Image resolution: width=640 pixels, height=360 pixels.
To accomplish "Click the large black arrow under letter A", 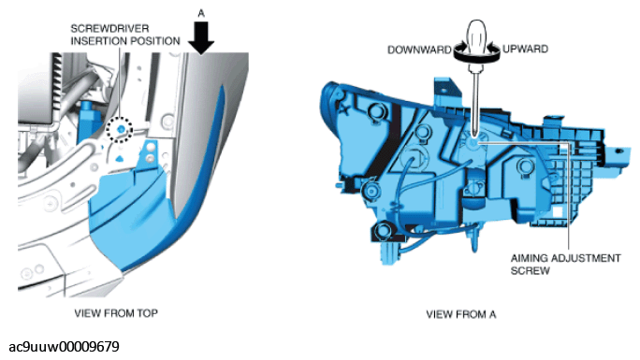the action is pyautogui.click(x=201, y=38).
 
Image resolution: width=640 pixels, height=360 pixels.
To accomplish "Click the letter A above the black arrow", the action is pyautogui.click(x=201, y=13).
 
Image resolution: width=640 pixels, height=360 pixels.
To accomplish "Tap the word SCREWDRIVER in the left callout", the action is pyautogui.click(x=109, y=29).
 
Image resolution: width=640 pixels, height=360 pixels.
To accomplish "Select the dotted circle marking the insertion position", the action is pyautogui.click(x=119, y=129).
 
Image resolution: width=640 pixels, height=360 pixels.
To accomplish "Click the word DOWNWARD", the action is pyautogui.click(x=419, y=50).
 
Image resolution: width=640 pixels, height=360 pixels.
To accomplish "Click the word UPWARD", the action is pyautogui.click(x=525, y=49).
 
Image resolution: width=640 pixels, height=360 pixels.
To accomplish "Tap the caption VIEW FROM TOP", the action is pyautogui.click(x=116, y=313).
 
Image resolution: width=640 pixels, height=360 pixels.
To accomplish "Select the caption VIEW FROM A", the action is pyautogui.click(x=460, y=314).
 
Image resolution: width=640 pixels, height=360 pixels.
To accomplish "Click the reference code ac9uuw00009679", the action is pyautogui.click(x=64, y=347).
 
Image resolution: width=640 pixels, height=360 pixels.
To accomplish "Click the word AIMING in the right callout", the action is pyautogui.click(x=529, y=258).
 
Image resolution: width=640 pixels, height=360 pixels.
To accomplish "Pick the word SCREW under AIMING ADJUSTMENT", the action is pyautogui.click(x=531, y=271).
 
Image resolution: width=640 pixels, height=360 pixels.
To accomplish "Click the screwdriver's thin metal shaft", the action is pyautogui.click(x=474, y=102).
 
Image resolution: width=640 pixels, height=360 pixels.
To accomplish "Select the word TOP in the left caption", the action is pyautogui.click(x=148, y=313).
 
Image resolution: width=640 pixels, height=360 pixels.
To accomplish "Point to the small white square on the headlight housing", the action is pyautogui.click(x=557, y=212).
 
